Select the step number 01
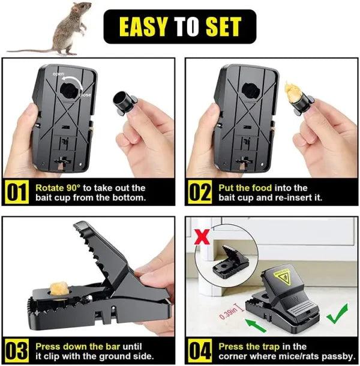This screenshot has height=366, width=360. click(17, 193)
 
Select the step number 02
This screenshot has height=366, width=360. click(200, 193)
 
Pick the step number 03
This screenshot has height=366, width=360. click(17, 351)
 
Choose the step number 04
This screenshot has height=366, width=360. click(200, 351)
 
